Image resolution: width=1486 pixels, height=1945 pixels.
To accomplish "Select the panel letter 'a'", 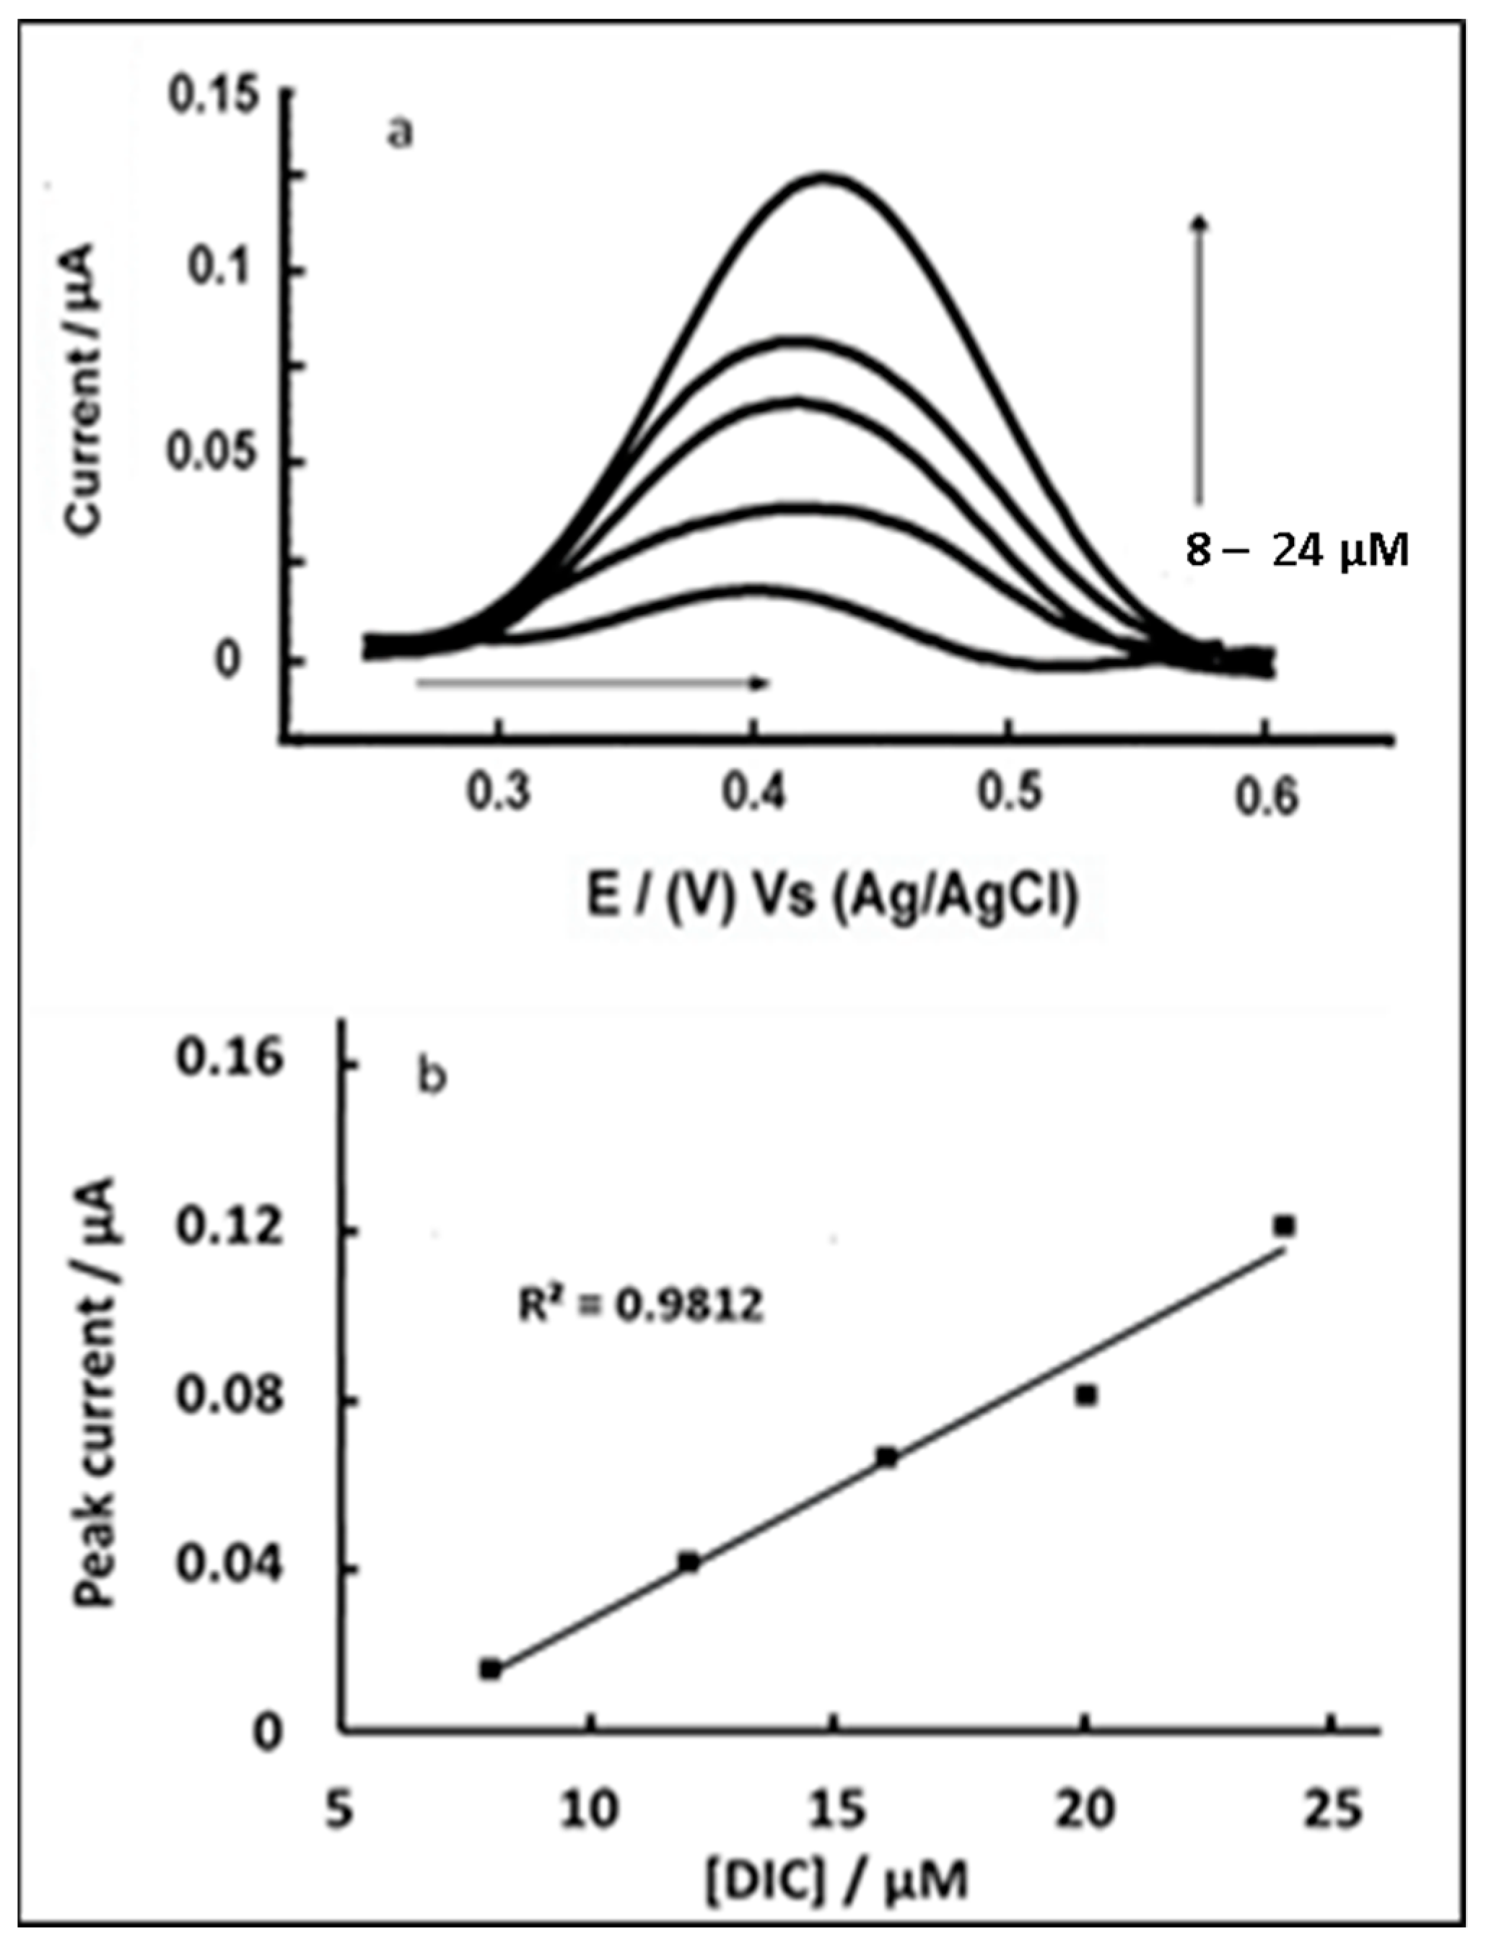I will (x=400, y=134).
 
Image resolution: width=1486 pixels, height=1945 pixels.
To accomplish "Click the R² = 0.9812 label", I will (x=639, y=1306).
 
